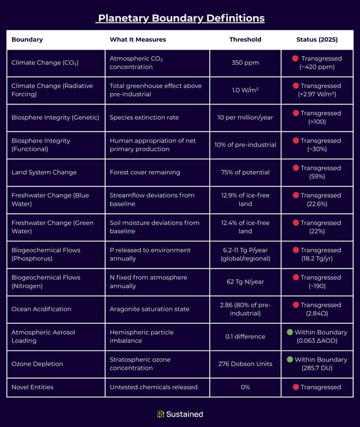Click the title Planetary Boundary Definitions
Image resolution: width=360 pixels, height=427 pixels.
coord(180,18)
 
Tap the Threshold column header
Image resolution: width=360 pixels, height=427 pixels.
coord(245,40)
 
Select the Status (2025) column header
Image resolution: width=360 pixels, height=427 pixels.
coord(317,40)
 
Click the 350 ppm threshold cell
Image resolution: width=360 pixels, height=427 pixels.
coord(245,63)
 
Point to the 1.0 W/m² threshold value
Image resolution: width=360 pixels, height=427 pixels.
coord(245,90)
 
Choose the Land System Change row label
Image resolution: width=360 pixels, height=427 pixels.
coord(44,172)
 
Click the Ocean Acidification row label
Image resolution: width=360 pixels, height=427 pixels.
coord(41,309)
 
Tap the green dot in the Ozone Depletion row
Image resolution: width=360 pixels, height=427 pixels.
coord(290,360)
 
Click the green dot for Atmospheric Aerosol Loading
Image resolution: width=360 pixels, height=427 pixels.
coord(290,332)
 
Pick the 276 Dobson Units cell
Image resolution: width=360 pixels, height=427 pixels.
coord(245,363)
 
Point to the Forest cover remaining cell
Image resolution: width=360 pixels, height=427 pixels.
coord(145,172)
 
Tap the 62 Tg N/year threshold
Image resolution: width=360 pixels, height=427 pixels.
coord(245,282)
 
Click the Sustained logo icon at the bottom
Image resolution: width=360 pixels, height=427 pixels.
coord(160,414)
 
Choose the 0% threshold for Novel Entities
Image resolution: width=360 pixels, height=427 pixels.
coord(245,387)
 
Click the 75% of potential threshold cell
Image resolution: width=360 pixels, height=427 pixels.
coord(245,172)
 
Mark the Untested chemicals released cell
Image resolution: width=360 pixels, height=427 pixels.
coord(154,387)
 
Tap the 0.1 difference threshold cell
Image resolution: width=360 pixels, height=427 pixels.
coord(245,336)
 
